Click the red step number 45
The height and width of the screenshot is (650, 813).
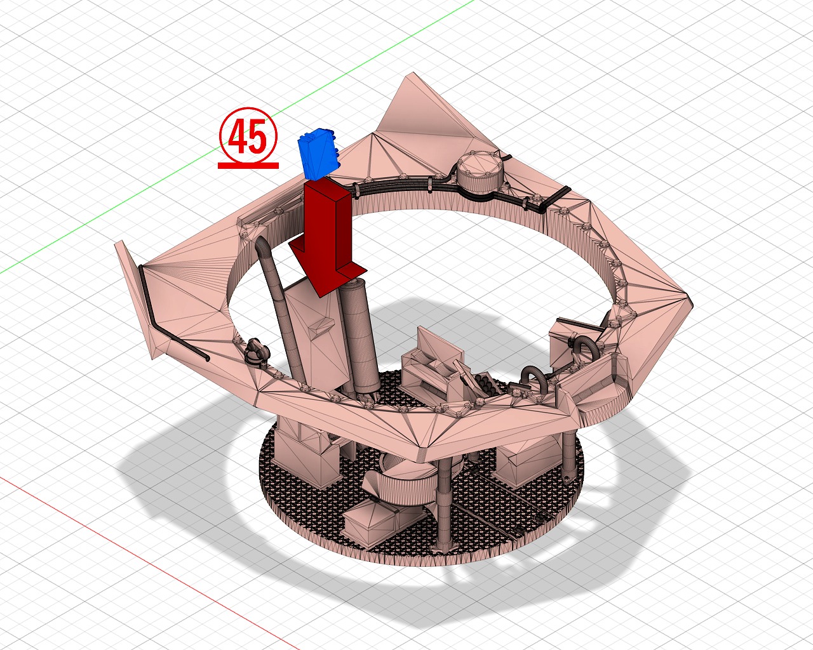click(248, 136)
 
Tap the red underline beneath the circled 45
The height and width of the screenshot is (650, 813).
click(248, 166)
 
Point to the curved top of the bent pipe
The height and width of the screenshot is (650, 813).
click(262, 244)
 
